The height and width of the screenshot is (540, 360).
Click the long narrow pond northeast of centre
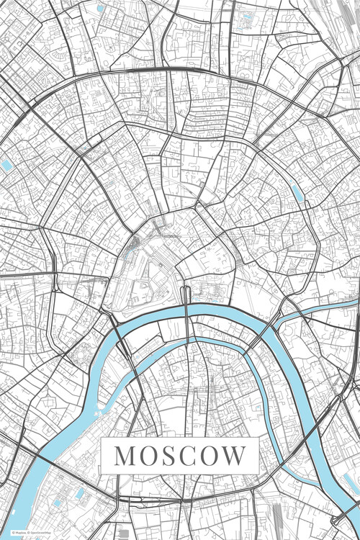pyautogui.click(x=296, y=192)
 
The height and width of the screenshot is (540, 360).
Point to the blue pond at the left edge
pyautogui.click(x=7, y=166)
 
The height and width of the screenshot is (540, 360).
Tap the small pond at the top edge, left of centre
pyautogui.click(x=100, y=9)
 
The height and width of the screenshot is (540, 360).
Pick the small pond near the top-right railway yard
pyautogui.click(x=248, y=16)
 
